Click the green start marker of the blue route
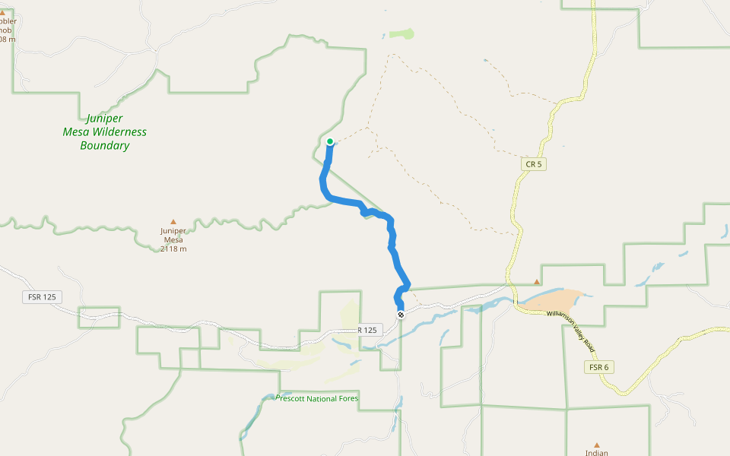(x=330, y=141)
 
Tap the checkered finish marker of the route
(x=401, y=314)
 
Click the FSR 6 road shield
(x=599, y=367)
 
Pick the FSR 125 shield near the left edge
(x=43, y=297)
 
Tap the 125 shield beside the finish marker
(x=368, y=330)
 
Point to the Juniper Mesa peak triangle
(x=173, y=222)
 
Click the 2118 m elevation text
(x=173, y=249)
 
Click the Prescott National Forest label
(x=317, y=398)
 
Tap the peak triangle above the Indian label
(x=597, y=445)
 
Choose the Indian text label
(x=597, y=453)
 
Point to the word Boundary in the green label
(x=105, y=145)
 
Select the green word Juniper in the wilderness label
(x=104, y=119)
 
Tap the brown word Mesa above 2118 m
(x=173, y=239)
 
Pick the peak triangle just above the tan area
(x=537, y=282)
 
